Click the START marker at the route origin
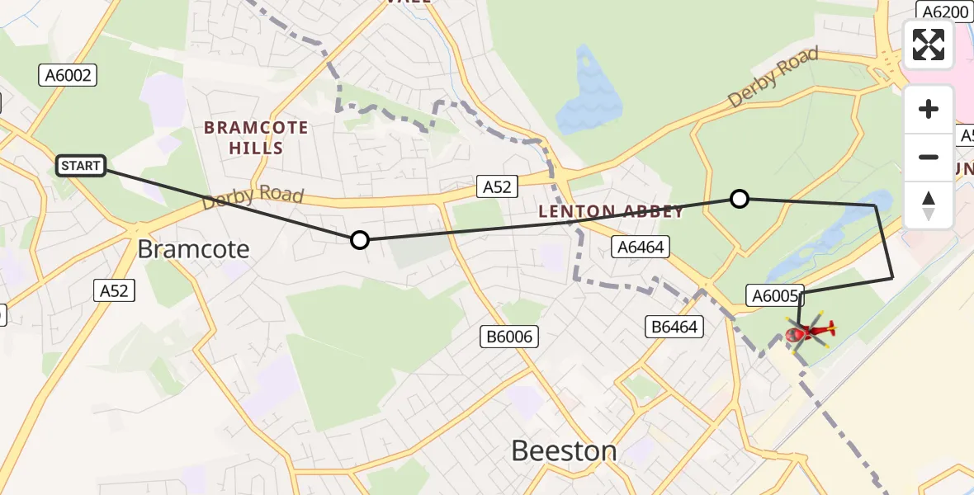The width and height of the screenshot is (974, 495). [x=80, y=166]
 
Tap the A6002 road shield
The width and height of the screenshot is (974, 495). [x=69, y=76]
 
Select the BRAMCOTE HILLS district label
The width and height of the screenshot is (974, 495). [x=255, y=138]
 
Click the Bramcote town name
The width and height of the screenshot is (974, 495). [x=193, y=249]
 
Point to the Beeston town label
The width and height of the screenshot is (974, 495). [x=564, y=450]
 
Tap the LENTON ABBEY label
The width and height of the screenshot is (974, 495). [x=611, y=212]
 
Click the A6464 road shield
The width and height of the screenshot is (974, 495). [x=638, y=247]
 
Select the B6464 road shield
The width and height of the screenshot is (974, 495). [x=674, y=327]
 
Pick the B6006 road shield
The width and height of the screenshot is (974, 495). [x=510, y=336]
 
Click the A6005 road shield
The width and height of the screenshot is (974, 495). [x=774, y=295]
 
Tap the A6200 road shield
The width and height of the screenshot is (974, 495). [x=943, y=12]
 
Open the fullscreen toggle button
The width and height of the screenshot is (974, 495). [x=929, y=45]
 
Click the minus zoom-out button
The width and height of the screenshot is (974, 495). [x=929, y=157]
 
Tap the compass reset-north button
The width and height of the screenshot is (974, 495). [x=929, y=205]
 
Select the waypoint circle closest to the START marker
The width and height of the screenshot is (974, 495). [x=359, y=240]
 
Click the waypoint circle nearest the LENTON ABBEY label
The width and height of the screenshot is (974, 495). [x=740, y=198]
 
